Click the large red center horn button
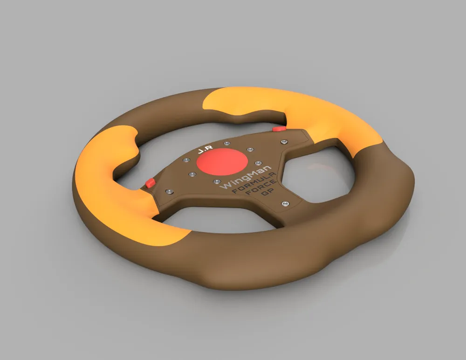pyautogui.click(x=222, y=162)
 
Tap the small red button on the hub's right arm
pyautogui.click(x=279, y=128)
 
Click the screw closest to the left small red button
pyautogui.click(x=169, y=192)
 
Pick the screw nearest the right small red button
pyautogui.click(x=283, y=141)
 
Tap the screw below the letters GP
pyautogui.click(x=285, y=204)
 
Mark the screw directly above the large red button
pyautogui.click(x=226, y=143)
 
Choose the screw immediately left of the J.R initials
pyautogui.click(x=186, y=160)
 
